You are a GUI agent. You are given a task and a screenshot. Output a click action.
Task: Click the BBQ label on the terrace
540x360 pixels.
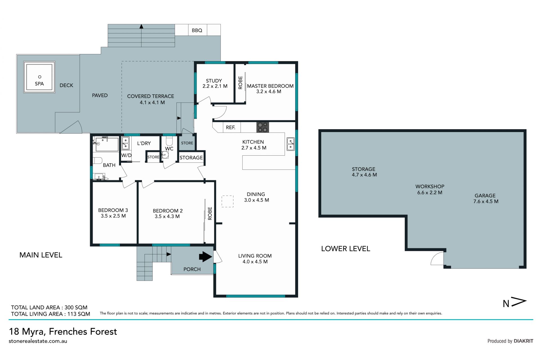[x=197, y=30]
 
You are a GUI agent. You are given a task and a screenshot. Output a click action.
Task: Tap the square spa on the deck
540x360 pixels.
[x=39, y=77]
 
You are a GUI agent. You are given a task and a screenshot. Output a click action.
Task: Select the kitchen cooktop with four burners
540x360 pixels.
[x=263, y=127]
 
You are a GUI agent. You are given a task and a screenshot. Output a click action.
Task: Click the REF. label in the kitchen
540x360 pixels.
[x=231, y=128]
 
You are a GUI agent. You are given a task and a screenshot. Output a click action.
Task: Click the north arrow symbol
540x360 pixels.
[x=514, y=303]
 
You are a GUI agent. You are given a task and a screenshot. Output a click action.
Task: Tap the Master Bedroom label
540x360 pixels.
[x=270, y=86]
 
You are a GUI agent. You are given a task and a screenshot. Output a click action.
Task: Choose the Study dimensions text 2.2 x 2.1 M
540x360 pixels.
[x=215, y=86]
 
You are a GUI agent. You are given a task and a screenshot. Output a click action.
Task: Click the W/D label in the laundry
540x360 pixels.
[x=126, y=155]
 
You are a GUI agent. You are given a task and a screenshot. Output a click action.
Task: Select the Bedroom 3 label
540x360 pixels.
[x=113, y=210]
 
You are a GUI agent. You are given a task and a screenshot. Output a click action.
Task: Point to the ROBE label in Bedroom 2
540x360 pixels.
[x=210, y=213]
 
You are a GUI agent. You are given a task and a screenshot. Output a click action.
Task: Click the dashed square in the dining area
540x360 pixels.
[x=228, y=202]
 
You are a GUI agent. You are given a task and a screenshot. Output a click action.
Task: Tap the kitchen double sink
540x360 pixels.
[x=291, y=144]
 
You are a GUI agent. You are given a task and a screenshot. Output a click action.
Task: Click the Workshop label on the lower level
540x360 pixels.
[x=430, y=186]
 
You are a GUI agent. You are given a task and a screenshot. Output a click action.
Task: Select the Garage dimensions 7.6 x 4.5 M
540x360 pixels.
[x=486, y=202]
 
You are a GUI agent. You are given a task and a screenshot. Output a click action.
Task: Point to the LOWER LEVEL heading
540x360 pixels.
[x=346, y=249]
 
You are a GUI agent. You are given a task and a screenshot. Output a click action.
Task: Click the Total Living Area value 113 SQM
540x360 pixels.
[x=79, y=314]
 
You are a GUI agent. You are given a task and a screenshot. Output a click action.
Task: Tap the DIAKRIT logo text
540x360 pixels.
[x=523, y=341]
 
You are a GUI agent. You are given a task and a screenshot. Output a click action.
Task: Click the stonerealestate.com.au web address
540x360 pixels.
[x=38, y=341]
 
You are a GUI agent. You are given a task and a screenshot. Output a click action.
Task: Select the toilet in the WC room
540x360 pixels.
[x=169, y=141]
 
